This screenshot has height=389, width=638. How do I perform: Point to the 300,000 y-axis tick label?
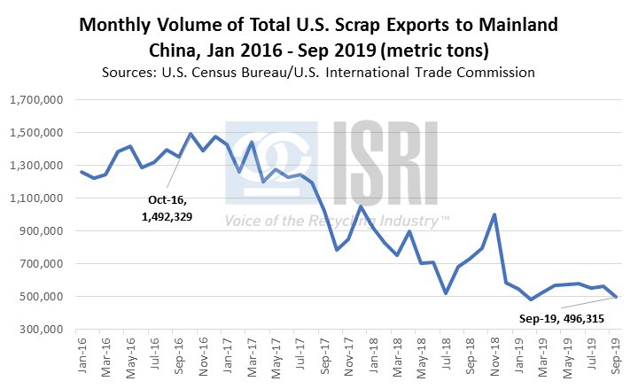point(36,330)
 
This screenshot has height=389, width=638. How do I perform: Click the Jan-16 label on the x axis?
point(81,357)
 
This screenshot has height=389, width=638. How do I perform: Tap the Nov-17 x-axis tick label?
point(349,357)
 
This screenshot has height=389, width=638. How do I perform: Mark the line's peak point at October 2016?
point(190,134)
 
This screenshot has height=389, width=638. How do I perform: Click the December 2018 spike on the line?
point(494,214)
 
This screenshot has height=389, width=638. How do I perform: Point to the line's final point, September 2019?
point(616,297)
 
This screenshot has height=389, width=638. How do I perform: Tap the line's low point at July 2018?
point(447,293)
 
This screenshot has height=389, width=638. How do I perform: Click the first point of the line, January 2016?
point(82,172)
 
